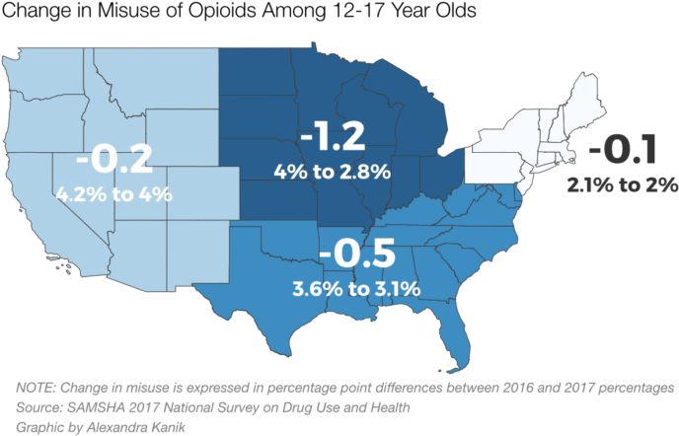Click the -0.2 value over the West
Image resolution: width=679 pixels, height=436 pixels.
[114, 159]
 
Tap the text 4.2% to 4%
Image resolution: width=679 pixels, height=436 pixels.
[114, 193]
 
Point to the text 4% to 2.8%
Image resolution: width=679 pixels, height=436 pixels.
[333, 172]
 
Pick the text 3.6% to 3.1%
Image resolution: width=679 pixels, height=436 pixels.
[356, 289]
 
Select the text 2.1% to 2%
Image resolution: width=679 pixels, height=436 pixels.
[622, 184]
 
